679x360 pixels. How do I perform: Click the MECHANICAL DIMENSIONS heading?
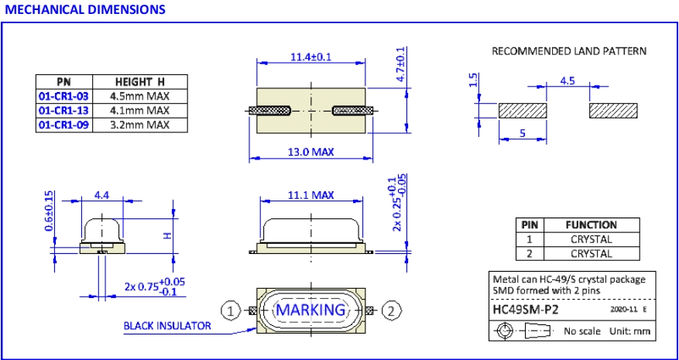[x=84, y=9]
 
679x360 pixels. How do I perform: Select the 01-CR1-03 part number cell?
[x=63, y=96]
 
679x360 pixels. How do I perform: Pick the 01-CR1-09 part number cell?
[x=63, y=125]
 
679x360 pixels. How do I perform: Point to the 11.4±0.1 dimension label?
[x=311, y=57]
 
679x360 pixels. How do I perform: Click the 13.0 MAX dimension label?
[x=311, y=152]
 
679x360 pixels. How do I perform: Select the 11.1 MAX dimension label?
[x=311, y=195]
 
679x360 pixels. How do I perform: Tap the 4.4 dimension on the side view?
[x=101, y=196]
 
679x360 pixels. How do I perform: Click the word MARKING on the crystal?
[x=310, y=310]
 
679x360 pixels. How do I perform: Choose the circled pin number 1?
[x=231, y=310]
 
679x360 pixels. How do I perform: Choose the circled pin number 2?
[x=392, y=310]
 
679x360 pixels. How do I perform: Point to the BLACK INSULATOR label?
[x=167, y=326]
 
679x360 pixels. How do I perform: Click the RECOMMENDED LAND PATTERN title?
[x=569, y=50]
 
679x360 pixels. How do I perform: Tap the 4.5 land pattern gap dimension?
[x=567, y=80]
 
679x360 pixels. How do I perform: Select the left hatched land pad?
[x=523, y=110]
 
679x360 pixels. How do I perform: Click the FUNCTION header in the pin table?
[x=591, y=225]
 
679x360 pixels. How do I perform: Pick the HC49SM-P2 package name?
[x=526, y=310]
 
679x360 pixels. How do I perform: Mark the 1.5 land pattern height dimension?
[x=472, y=82]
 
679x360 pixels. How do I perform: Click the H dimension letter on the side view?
[x=166, y=235]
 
